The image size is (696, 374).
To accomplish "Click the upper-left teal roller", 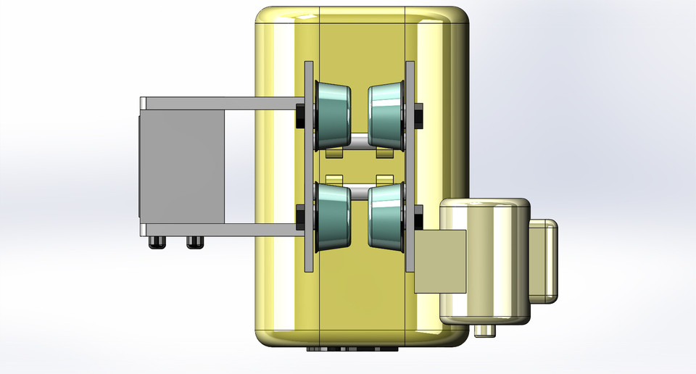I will point(333,116).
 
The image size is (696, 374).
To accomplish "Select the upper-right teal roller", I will point(386,116).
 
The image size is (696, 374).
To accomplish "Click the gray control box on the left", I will point(181,167).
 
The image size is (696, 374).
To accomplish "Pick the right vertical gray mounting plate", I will point(410,167).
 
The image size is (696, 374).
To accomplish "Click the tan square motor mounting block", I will point(439,261).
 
